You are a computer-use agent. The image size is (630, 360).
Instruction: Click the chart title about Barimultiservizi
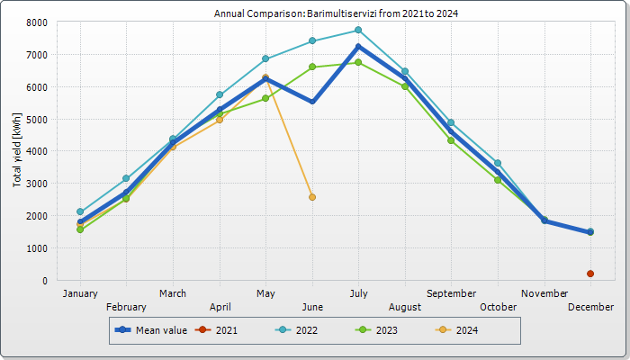tap(336, 13)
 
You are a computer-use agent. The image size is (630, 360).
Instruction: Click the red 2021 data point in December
tap(590, 274)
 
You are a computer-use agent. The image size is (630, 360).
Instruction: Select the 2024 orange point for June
tap(312, 197)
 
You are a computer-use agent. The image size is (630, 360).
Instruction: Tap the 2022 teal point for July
tap(358, 30)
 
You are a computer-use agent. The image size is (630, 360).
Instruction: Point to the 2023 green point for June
tap(312, 67)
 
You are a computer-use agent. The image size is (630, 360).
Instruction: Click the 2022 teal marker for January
tap(80, 211)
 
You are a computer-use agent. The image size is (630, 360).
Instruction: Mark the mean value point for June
tap(312, 102)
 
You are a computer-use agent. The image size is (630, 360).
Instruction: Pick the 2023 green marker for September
tap(451, 140)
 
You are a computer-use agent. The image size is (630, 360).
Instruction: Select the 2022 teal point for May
tap(265, 58)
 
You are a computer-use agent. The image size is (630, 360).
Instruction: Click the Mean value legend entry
tap(151, 330)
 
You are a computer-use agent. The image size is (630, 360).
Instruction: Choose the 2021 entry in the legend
tap(216, 330)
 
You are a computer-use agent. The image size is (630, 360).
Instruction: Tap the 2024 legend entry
tap(457, 330)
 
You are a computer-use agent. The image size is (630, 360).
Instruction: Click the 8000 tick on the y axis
tap(37, 22)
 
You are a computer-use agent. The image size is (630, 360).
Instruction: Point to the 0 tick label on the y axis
tap(45, 281)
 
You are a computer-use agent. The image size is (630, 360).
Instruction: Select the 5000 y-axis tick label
tap(37, 120)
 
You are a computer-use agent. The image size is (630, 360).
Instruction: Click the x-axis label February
tap(126, 307)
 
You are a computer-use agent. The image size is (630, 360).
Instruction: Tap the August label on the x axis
tap(405, 307)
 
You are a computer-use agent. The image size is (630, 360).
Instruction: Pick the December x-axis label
tap(590, 307)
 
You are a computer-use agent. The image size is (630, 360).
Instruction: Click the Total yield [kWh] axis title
tap(17, 150)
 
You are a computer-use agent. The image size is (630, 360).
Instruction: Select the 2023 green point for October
tap(498, 180)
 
